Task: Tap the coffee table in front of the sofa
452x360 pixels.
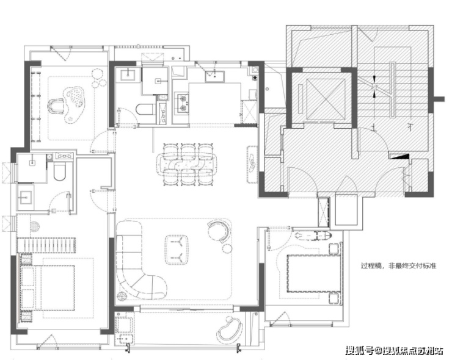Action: coord(177,250)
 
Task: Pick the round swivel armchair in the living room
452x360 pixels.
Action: coord(219,231)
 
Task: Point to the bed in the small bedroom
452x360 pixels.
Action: coord(313,273)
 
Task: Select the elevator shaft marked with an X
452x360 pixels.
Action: coord(326,99)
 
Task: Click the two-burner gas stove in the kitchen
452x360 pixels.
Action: coord(183,103)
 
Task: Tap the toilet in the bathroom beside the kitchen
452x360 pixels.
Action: coord(146,109)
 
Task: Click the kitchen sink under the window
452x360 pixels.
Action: coord(215,76)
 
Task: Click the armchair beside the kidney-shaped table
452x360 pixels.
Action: coord(56,106)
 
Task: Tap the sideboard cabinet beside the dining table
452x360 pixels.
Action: coord(252,164)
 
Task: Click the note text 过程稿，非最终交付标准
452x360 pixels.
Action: coord(399,266)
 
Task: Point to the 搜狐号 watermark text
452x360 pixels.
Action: coord(360,350)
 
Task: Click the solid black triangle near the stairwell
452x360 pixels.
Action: coord(401,157)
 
